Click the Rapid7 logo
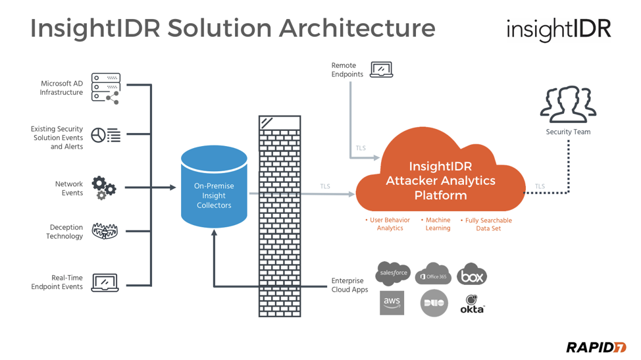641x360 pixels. pos(596,347)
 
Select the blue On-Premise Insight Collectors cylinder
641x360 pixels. pos(214,188)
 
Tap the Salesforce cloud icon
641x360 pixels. pos(393,273)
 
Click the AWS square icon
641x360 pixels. pos(392,303)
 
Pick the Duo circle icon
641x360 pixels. pos(434,303)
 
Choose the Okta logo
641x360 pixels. pos(472,304)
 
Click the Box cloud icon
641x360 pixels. pos(471,275)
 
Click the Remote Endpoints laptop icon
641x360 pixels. pos(381,70)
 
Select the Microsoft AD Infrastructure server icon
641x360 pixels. pos(105,88)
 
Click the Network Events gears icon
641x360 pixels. pos(104,188)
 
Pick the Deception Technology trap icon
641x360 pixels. pos(105,231)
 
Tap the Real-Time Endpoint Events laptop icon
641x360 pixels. pos(105,282)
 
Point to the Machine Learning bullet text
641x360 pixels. pos(437,224)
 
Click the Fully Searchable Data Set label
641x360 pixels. pos(487,224)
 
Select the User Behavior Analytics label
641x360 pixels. pos(389,224)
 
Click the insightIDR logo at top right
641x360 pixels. pos(558,30)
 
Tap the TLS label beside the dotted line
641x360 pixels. pos(540,186)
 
